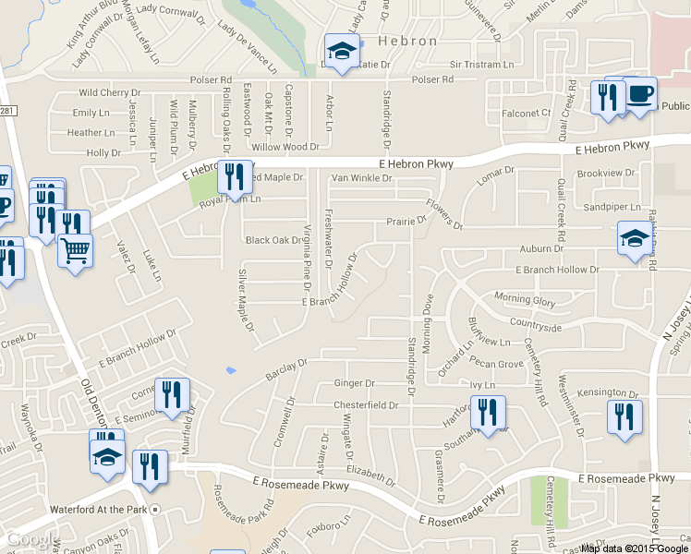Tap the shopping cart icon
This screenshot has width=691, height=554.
pos(75,248)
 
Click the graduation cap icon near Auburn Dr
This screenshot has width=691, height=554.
pos(634,239)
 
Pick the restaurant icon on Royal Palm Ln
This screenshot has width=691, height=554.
pos(233,178)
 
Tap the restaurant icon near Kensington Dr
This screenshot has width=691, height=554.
pos(624,416)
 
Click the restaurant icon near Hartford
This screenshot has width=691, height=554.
pos(488,412)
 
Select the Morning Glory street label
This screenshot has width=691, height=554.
pos(525,299)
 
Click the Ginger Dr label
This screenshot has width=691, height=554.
pos(354,383)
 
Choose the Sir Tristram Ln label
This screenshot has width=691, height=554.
pos(481,65)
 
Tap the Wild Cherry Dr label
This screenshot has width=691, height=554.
pos(109,93)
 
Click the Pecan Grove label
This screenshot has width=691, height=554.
pos(496,365)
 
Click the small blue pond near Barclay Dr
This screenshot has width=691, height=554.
pos(230,371)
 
